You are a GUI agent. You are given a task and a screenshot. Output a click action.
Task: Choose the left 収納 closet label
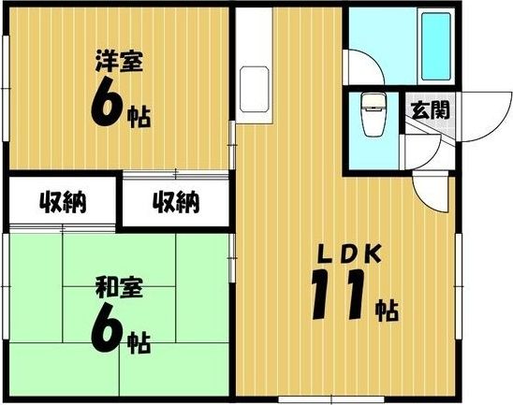(63, 201)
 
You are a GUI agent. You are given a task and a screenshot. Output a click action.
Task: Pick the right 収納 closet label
(176, 201)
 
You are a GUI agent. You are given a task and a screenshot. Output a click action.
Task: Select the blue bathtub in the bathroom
(436, 48)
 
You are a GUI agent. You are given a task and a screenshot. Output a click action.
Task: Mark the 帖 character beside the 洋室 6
(139, 117)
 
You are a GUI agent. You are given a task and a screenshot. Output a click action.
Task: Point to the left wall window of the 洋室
(5, 83)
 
